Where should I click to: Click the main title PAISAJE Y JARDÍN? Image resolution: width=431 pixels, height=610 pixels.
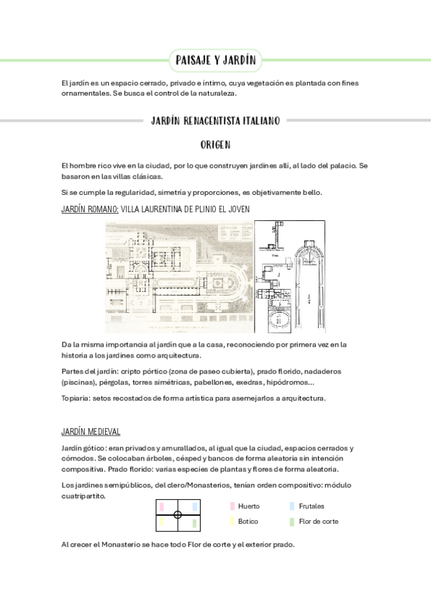pos(216,60)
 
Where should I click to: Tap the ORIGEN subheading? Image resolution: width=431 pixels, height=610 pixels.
pos(215,145)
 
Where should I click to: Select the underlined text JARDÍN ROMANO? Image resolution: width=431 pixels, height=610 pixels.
pos(90,209)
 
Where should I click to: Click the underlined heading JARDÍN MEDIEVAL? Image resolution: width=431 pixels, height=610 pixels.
pos(91,432)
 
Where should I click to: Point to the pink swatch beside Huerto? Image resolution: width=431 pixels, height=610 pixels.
pos(232,506)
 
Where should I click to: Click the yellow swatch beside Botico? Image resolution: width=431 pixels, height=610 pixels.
pos(232,522)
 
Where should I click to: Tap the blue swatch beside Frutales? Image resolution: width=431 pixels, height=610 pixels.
pos(291,506)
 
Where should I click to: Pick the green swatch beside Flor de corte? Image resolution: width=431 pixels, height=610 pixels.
pos(291,522)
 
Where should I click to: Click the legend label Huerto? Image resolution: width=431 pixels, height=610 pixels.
pos(249,506)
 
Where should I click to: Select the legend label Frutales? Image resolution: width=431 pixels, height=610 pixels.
pos(312,506)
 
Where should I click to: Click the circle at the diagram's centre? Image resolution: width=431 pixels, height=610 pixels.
pos(178,514)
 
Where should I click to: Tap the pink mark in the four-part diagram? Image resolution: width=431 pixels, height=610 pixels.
pos(162,507)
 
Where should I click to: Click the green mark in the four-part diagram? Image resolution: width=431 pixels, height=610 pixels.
pos(194,522)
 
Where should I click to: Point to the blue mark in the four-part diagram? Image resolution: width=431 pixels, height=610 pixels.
pos(194,507)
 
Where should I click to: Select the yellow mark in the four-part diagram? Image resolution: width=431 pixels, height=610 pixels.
pos(162,522)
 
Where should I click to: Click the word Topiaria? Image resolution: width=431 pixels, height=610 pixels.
pos(77,398)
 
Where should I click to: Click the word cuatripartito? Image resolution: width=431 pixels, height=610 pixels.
pos(83,494)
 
